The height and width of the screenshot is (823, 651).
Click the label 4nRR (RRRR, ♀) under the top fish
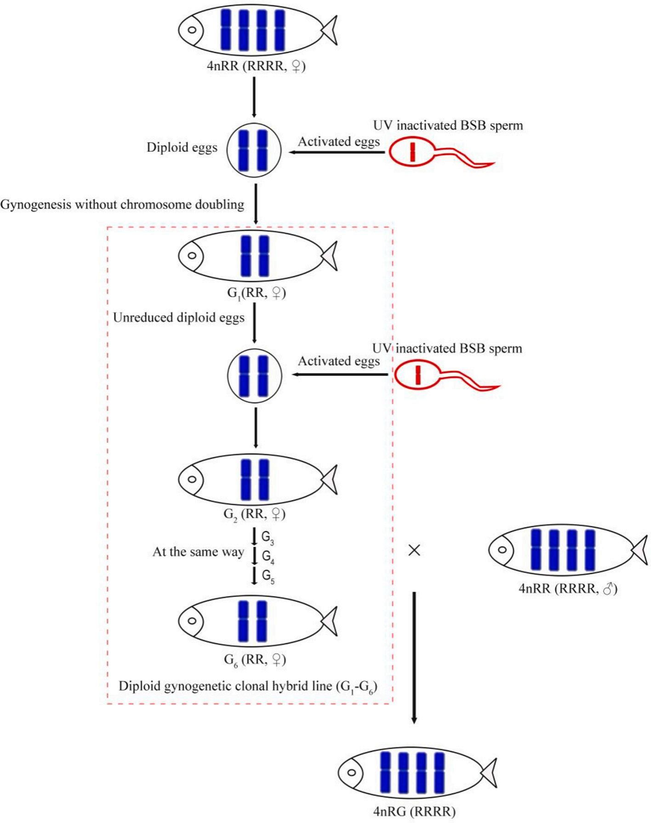coord(256,67)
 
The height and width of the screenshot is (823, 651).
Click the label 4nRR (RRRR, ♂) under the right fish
coord(567,589)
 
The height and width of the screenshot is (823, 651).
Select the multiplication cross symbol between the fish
coord(414,550)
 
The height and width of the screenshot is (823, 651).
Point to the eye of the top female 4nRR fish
coord(193,30)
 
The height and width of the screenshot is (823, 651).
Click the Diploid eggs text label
coord(182,147)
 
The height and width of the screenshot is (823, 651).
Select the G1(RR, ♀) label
coord(257,293)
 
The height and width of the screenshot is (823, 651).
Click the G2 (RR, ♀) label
coord(254,514)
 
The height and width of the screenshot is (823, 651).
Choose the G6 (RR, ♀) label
coord(255,660)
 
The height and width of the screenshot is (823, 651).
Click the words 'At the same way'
coord(198,552)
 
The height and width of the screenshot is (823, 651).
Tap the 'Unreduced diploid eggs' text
coord(178,318)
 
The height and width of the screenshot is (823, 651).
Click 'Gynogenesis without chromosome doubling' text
coord(122,204)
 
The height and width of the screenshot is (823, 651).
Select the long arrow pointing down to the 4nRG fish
coord(414,657)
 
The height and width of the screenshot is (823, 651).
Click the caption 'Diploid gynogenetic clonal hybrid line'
coord(248,687)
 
